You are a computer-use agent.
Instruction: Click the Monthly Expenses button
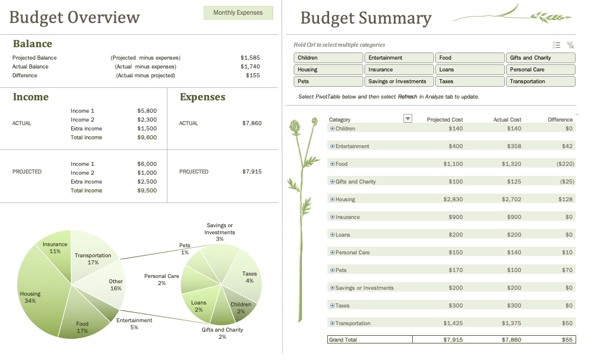[x=238, y=12]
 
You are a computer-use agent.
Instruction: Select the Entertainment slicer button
[x=399, y=58]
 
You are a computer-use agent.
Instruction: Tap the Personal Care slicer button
[x=540, y=70]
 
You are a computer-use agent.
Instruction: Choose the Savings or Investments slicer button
[x=399, y=81]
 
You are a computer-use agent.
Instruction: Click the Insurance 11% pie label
[x=55, y=247]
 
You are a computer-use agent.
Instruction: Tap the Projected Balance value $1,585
[x=250, y=58]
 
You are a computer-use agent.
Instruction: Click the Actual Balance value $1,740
[x=250, y=67]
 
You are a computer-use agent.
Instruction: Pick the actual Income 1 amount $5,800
[x=147, y=111]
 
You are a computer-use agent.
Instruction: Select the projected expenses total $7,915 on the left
[x=252, y=172]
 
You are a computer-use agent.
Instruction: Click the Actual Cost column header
[x=507, y=120]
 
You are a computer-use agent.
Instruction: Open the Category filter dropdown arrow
[x=407, y=119]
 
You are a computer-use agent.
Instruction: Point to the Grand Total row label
[x=343, y=340]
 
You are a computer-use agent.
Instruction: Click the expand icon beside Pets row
[x=332, y=270]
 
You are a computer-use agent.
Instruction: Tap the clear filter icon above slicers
[x=570, y=45]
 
